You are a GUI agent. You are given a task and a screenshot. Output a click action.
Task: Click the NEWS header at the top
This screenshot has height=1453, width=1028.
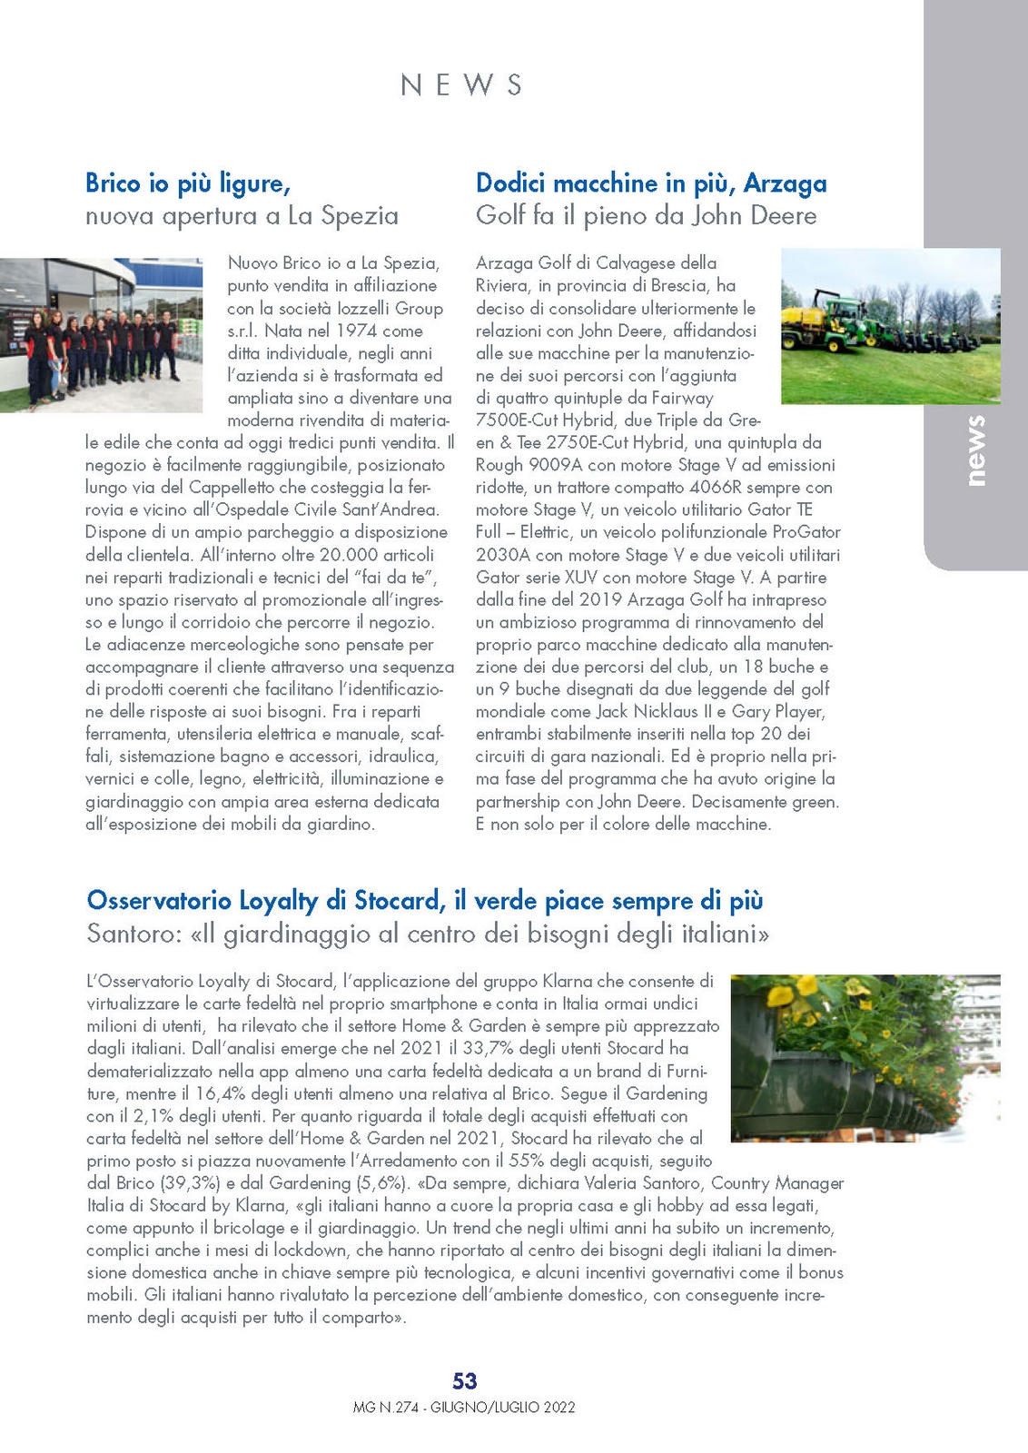pyautogui.click(x=461, y=84)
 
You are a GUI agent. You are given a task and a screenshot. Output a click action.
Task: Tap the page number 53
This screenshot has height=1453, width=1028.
pyautogui.click(x=464, y=1380)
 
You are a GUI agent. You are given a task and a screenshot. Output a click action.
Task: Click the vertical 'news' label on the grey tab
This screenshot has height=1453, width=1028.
pyautogui.click(x=974, y=450)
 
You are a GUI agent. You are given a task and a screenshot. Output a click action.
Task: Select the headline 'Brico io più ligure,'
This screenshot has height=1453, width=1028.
pyautogui.click(x=188, y=183)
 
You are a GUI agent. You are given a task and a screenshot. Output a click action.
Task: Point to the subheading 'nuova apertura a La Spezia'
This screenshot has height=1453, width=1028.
pyautogui.click(x=242, y=216)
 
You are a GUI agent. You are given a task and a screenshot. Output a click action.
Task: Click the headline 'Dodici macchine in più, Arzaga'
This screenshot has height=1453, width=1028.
pyautogui.click(x=651, y=183)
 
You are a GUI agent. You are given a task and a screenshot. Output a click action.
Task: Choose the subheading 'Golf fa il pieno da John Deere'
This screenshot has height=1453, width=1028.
pyautogui.click(x=646, y=216)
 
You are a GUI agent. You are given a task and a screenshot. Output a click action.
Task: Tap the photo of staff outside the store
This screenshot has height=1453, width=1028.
pyautogui.click(x=101, y=335)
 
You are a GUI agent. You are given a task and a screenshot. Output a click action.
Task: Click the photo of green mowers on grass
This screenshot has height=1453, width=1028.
pyautogui.click(x=890, y=326)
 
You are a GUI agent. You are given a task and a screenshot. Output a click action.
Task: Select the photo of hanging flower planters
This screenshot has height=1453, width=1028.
pyautogui.click(x=865, y=1058)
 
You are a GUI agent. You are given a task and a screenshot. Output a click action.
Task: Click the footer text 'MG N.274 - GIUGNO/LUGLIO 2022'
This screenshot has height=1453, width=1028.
pyautogui.click(x=464, y=1408)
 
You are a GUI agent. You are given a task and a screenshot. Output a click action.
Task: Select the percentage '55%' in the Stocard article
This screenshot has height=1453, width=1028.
pyautogui.click(x=526, y=1161)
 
